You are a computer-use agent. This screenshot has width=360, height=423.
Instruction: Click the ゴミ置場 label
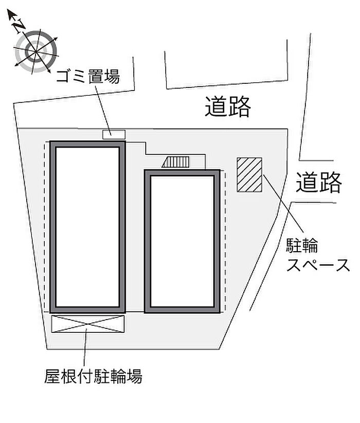coord(88,77)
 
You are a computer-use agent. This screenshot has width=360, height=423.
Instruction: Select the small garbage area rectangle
coord(114,134)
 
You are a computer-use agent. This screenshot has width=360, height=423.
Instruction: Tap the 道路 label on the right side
coord(319,182)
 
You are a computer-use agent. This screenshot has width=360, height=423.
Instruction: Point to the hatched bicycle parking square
coord(249,174)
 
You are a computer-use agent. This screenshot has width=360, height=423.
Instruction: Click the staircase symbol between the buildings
coord(176,163)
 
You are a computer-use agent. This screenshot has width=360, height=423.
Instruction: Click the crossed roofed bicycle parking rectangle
coord(88,324)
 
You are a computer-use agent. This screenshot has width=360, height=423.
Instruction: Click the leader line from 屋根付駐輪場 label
coord(85,350)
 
